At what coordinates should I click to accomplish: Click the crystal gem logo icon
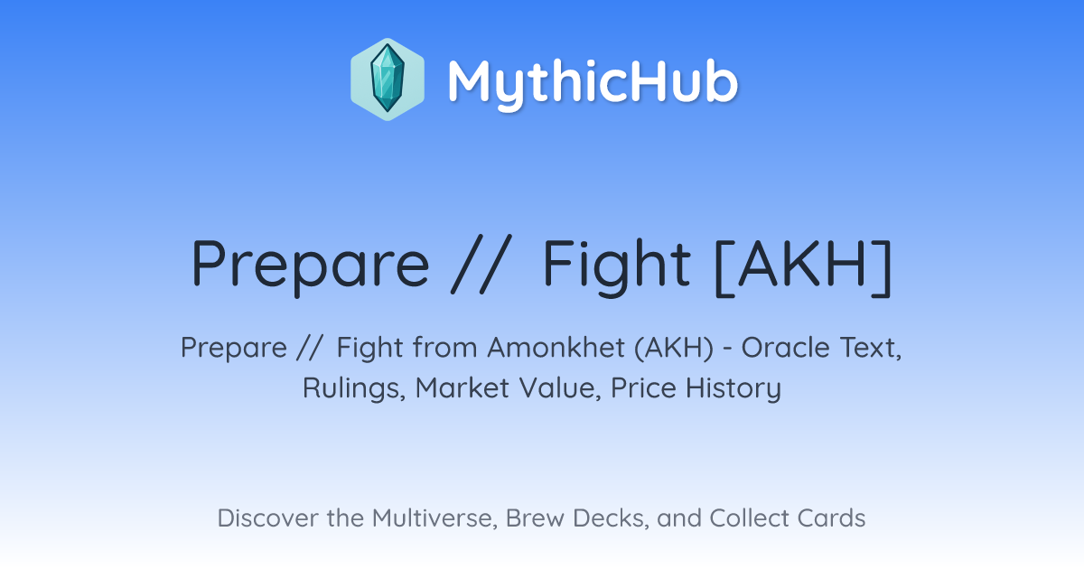[x=388, y=79]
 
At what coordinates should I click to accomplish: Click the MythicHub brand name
[x=593, y=84]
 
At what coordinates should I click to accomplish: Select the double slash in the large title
[x=481, y=264]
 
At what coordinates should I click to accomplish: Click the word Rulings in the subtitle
[x=354, y=388]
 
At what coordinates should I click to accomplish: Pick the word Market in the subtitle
[x=463, y=388]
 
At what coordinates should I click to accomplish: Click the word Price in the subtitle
[x=643, y=388]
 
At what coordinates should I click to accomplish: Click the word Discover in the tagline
[x=267, y=518]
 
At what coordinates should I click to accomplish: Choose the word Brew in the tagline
[x=535, y=518]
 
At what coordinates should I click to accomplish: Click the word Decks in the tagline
[x=611, y=518]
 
